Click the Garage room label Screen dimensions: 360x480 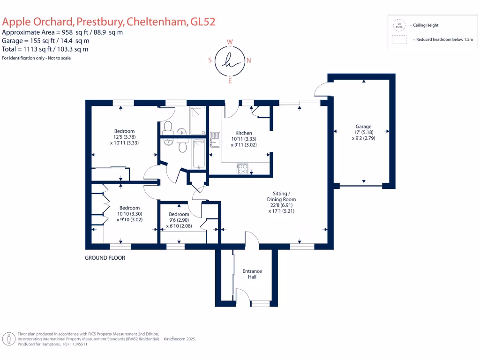coord(363,127)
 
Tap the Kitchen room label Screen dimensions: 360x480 coord(244,133)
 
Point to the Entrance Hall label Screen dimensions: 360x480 coord(252,274)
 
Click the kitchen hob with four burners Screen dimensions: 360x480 coord(243,168)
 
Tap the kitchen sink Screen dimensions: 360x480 coord(215,140)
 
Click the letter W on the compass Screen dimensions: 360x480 coord(230,42)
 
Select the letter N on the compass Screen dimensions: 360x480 coord(249,60)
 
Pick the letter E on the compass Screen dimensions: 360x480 coord(230,81)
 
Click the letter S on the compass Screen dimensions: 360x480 coord(210,60)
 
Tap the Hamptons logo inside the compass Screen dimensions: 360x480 coord(230,61)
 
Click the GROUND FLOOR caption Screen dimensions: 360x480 coord(105,258)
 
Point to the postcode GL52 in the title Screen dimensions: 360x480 coord(202,22)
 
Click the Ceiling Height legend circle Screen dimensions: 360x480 coord(399,25)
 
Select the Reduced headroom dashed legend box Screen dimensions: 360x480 coord(399,40)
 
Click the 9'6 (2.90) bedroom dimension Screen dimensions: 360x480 coord(180,220)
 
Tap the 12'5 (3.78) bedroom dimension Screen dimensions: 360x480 coord(124,137)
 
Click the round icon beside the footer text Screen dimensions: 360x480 coord(8,338)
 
